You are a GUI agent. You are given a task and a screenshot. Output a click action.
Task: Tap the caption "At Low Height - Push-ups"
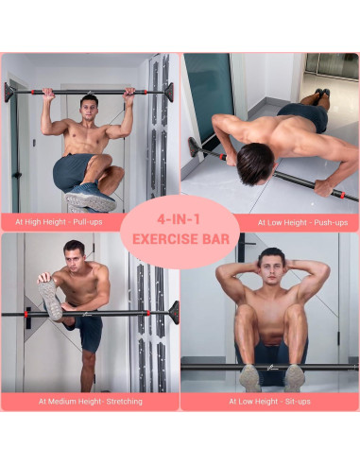click(293, 222)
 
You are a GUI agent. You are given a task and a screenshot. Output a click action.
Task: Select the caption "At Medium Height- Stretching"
click(91, 401)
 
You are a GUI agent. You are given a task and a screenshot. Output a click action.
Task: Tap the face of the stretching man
click(75, 255)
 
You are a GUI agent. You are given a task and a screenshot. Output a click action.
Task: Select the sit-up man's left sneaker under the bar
click(250, 377)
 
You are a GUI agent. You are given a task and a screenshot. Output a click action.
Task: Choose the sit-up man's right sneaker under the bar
click(294, 377)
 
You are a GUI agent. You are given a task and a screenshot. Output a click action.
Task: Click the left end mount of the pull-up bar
click(10, 92)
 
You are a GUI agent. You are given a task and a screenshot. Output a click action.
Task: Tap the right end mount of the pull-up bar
click(169, 92)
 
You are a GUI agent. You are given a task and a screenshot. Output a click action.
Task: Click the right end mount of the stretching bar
click(173, 312)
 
